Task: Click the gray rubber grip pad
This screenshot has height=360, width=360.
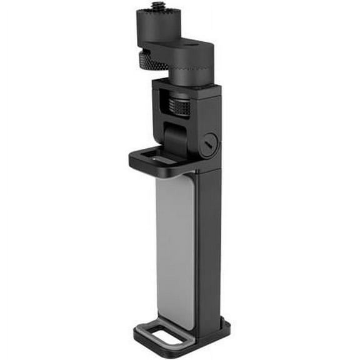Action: click(174, 250)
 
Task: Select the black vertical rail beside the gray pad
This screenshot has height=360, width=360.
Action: click(207, 250)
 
